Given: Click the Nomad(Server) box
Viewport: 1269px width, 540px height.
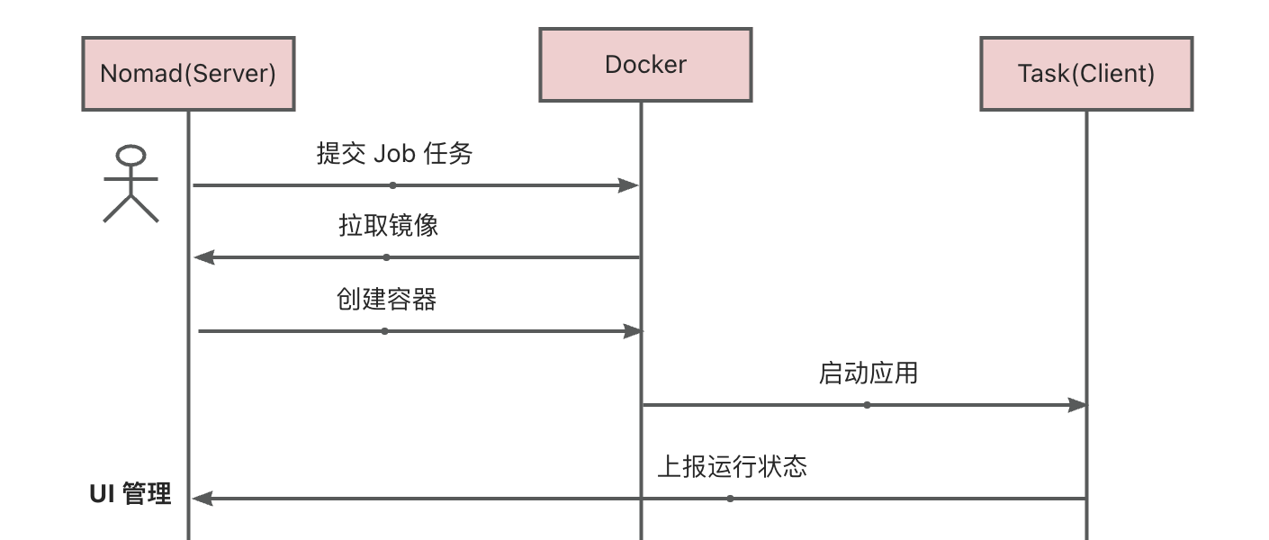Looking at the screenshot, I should point(188,74).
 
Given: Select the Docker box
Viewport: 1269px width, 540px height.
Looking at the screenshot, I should point(645,65).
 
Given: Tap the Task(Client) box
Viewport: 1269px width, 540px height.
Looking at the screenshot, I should point(1086,74).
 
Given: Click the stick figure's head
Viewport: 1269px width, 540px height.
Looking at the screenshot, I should point(132,155).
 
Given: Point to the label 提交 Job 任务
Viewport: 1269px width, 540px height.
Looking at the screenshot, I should point(394,154).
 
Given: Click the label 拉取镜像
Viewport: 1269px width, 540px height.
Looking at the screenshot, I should point(388,225).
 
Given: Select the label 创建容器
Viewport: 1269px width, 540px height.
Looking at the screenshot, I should point(386,300).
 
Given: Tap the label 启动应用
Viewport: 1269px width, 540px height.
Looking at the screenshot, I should point(868,373).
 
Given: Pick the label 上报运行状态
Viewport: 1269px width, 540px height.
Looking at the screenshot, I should point(732,466).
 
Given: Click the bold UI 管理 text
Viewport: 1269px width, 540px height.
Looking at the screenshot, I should point(130,494).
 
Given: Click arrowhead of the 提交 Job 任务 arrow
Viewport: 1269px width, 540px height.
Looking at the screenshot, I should point(629,185).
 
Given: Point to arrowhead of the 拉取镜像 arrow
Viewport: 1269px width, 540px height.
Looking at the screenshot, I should point(204,257).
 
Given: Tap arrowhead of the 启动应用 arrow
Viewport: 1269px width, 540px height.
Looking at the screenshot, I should point(1076,405).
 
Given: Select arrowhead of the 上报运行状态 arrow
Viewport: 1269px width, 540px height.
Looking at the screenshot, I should point(202,498).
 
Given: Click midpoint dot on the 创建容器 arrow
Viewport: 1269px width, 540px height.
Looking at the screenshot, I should point(384,331).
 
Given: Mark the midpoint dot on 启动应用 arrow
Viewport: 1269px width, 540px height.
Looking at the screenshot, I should point(867,405).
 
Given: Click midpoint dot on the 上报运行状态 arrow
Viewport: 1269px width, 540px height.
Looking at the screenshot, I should point(730,498).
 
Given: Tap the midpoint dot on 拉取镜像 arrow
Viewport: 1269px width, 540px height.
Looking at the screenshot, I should point(387,257).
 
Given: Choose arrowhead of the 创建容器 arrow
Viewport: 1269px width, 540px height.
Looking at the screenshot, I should point(633,331).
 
